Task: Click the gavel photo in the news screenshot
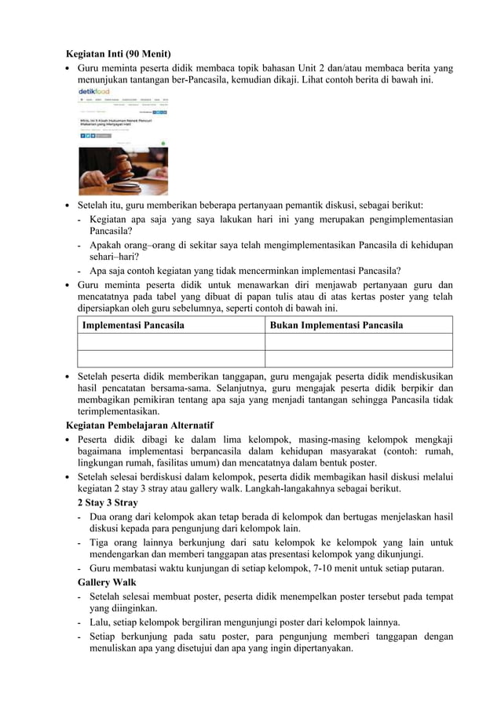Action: pos(123,170)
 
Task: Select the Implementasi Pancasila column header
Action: pos(133,325)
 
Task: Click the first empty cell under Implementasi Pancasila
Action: pos(170,341)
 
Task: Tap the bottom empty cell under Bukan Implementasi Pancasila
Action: pos(358,359)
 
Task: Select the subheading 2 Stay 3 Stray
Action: pos(108,502)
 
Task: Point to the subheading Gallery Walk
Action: pos(107,582)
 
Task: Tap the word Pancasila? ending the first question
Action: pos(111,232)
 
